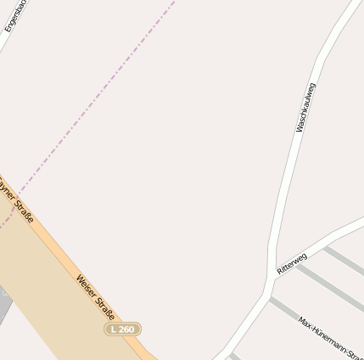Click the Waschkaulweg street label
(x=306, y=108)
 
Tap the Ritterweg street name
(x=292, y=262)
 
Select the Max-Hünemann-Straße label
(x=331, y=332)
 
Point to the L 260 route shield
(x=122, y=329)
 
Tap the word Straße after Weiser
(x=106, y=307)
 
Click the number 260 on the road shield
(x=126, y=329)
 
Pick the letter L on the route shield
(x=114, y=329)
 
